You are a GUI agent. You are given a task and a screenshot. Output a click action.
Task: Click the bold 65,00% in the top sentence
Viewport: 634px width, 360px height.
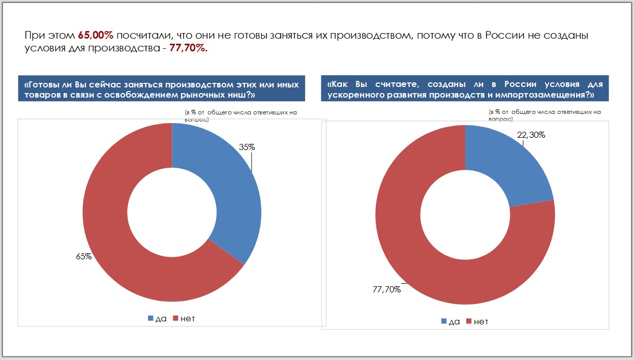pyautogui.click(x=96, y=36)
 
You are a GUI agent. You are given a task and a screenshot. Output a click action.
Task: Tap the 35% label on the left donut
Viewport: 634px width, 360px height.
pyautogui.click(x=247, y=147)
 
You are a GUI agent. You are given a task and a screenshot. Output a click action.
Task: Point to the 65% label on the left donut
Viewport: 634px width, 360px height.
pyautogui.click(x=84, y=256)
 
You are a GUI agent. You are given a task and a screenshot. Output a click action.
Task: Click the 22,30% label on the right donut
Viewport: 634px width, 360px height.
pyautogui.click(x=531, y=135)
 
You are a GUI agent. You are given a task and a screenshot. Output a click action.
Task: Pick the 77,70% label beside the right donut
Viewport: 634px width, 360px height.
pyautogui.click(x=386, y=290)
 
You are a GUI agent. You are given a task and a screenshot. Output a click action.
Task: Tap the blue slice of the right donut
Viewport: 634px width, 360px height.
pyautogui.click(x=508, y=163)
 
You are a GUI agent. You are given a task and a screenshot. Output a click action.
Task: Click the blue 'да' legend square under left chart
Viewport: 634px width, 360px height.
pyautogui.click(x=150, y=318)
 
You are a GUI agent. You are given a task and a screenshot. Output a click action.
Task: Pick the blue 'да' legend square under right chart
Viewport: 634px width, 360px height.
pyautogui.click(x=444, y=321)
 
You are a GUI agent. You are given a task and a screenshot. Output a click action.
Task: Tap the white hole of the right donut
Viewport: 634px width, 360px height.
pyautogui.click(x=465, y=215)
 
